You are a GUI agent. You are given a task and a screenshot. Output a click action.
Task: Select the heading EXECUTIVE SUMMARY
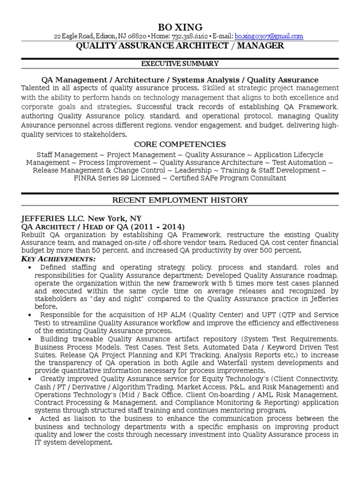click(x=180, y=64)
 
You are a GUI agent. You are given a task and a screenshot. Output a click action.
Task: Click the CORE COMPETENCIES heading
click(x=180, y=144)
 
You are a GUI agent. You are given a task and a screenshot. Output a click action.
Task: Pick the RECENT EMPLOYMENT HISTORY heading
click(x=180, y=200)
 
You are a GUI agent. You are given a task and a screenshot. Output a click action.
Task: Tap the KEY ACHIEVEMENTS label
click(x=58, y=259)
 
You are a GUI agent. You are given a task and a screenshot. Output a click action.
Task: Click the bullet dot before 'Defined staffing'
click(x=30, y=268)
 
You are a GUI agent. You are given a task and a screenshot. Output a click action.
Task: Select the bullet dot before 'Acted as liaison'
click(x=30, y=419)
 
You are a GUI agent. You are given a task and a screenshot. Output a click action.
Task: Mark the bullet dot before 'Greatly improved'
click(x=30, y=379)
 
